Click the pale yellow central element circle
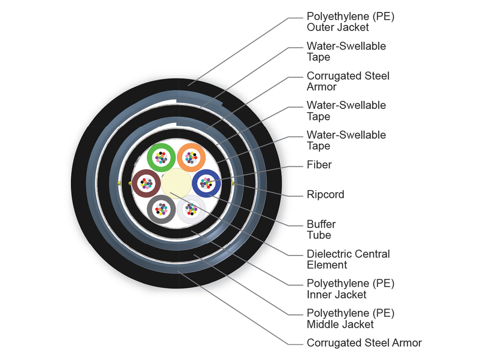click(176, 184)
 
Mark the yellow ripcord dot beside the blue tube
click(233, 184)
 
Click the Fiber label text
click(319, 164)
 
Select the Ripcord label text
click(325, 194)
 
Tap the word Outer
click(320, 27)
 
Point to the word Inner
click(320, 295)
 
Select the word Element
click(327, 265)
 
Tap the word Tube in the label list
click(319, 235)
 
